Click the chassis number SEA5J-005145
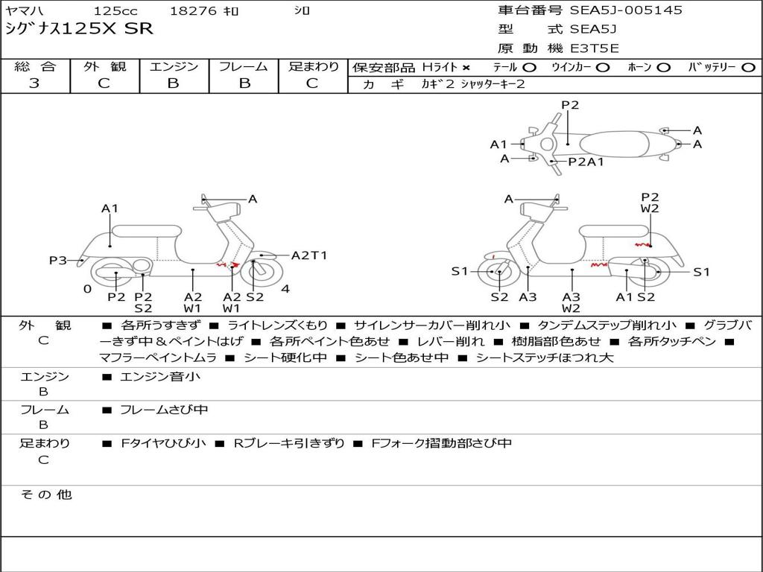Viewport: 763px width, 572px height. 626,10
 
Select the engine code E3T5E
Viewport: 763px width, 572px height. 594,48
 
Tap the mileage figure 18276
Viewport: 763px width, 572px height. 193,11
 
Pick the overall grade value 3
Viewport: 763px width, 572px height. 34,83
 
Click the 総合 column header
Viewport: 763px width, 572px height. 35,66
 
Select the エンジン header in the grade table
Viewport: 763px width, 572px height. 174,66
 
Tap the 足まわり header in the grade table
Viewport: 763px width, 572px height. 313,66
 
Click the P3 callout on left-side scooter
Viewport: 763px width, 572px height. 58,260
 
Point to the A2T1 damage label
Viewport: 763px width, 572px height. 308,255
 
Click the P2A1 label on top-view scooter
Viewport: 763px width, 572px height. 586,162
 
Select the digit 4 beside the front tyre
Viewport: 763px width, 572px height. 285,289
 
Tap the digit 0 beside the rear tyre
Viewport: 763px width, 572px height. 87,289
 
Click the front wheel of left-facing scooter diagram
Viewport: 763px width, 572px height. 498,273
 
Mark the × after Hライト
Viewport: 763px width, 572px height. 466,68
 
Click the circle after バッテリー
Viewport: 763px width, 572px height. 748,68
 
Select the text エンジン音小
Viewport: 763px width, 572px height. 160,377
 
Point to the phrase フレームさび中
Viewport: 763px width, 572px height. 164,410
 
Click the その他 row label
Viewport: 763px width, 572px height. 45,494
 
